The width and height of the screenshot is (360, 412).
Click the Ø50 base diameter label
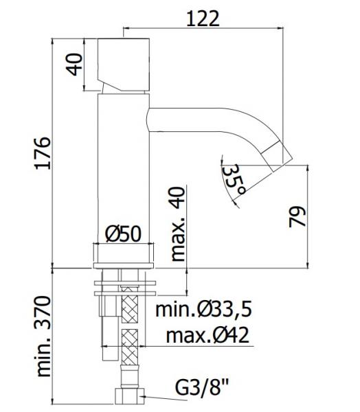point(124,234)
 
